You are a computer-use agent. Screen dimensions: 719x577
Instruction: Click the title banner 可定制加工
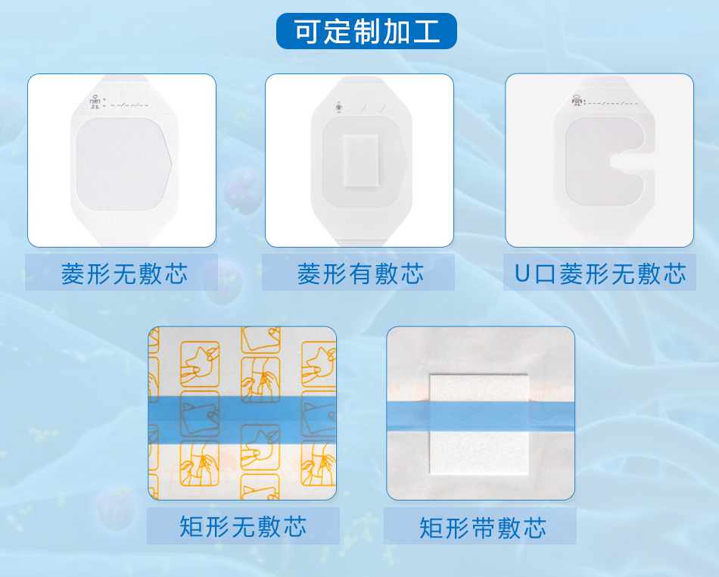click(x=366, y=31)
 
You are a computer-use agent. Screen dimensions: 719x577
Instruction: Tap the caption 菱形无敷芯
click(x=124, y=274)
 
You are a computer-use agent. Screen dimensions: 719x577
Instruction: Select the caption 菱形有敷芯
click(x=360, y=274)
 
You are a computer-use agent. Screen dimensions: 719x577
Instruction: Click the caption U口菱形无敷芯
click(x=600, y=274)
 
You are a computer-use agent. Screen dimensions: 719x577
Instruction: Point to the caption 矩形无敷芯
click(x=243, y=526)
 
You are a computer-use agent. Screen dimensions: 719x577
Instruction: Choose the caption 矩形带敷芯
click(x=483, y=528)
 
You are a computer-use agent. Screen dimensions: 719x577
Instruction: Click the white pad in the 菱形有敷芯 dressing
click(x=361, y=161)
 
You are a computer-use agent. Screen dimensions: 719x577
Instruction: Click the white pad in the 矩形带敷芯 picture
click(x=479, y=425)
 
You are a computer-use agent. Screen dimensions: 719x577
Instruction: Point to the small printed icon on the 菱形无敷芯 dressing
click(x=95, y=102)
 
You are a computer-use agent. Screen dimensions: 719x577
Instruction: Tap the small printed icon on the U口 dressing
click(x=577, y=101)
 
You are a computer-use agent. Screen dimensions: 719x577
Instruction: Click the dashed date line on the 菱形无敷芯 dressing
click(x=129, y=105)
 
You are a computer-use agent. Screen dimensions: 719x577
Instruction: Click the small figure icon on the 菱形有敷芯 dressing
click(x=338, y=108)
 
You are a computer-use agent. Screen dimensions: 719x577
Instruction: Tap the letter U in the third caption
click(x=522, y=274)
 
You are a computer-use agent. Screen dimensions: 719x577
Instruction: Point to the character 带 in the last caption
click(x=483, y=528)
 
